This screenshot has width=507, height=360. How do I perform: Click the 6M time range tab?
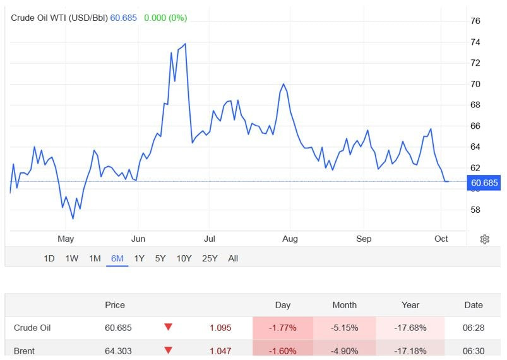[117, 258]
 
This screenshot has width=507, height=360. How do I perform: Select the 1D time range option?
[49, 258]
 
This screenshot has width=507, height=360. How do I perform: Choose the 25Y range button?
[210, 258]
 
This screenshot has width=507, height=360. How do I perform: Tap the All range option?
[233, 258]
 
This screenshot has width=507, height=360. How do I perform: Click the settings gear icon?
[484, 239]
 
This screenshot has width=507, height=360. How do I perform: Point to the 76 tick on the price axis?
[475, 21]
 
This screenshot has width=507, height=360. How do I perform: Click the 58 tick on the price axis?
[475, 210]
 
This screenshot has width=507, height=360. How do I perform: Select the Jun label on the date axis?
[138, 239]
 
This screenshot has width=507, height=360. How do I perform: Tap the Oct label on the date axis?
[441, 239]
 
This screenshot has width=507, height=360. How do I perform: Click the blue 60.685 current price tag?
[484, 183]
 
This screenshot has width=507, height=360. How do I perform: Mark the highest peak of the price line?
[185, 44]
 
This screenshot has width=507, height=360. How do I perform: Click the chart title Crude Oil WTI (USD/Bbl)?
[59, 18]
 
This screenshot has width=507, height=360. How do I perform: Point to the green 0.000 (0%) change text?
[165, 18]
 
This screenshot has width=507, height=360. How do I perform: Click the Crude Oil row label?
[32, 328]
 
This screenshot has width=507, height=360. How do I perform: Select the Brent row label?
[24, 351]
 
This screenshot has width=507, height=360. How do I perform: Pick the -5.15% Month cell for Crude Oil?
[345, 328]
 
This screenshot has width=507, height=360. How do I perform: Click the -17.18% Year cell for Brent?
[410, 351]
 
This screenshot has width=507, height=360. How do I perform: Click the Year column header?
[410, 305]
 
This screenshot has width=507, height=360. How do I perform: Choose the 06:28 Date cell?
[474, 328]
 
